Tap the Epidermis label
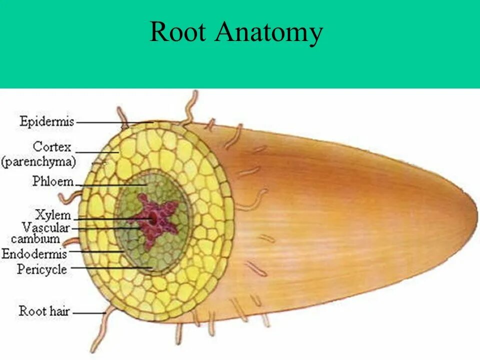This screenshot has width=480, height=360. (x=46, y=121)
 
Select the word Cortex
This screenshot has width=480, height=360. (x=52, y=148)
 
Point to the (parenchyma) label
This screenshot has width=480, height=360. (x=38, y=162)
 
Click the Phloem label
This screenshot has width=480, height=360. (x=52, y=181)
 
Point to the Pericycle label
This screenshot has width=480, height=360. (x=42, y=269)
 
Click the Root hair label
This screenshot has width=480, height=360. (x=44, y=311)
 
